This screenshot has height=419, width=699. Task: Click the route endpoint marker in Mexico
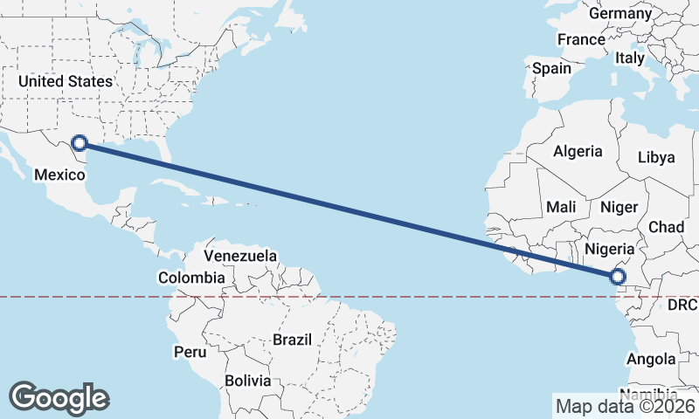pos(80,142)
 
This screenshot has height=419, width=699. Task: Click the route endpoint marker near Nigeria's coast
pos(618,277)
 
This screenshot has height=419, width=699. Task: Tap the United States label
pos(66,81)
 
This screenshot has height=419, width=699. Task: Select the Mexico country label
pos(59,175)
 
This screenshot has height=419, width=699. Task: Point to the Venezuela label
pos(240,256)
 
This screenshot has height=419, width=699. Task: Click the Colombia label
pos(190,278)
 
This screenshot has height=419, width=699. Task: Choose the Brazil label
pos(293,339)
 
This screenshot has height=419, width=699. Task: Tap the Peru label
pos(190,352)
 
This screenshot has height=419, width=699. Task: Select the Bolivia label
pos(247,381)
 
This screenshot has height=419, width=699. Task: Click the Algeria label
pos(577,151)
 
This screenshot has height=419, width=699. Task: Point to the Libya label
pos(656,157)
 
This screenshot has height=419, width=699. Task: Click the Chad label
pos(666,227)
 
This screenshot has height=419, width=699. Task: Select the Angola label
pos(651,359)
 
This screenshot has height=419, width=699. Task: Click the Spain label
pos(551,68)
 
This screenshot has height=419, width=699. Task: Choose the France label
pos(581,39)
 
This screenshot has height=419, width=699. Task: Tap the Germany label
pos(620,13)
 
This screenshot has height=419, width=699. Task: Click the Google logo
pos(59,397)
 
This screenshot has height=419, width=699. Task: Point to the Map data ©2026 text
pos(626,406)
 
